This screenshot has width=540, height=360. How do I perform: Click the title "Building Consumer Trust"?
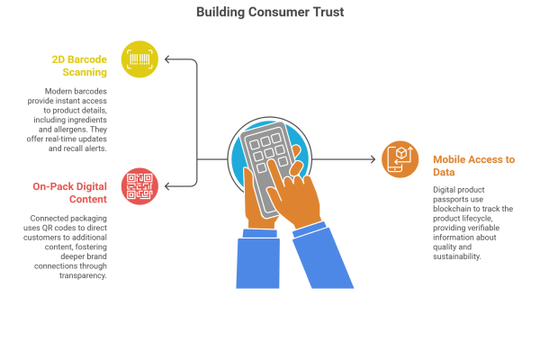click(270, 13)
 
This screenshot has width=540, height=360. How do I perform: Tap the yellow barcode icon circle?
click(139, 59)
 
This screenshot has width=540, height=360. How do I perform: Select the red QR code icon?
click(139, 185)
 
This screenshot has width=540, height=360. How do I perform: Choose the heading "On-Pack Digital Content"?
click(70, 192)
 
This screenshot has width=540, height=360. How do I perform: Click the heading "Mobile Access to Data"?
click(473, 165)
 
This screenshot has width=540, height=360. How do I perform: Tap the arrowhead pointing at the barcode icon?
click(167, 60)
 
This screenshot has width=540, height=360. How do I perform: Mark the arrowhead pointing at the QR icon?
click(167, 186)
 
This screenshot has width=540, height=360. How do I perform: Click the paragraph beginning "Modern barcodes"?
click(76, 119)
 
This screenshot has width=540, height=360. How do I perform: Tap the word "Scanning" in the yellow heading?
click(86, 71)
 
